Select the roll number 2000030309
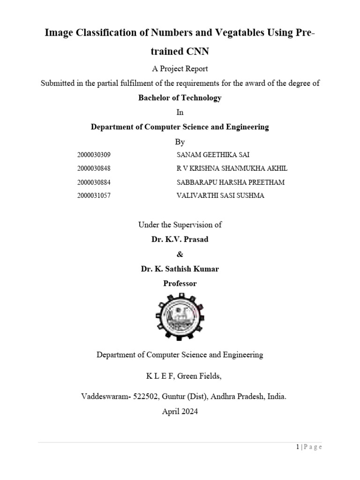pyautogui.click(x=94, y=155)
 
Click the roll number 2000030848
pyautogui.click(x=94, y=168)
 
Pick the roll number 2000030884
pyautogui.click(x=94, y=182)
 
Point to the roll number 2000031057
pyautogui.click(x=94, y=195)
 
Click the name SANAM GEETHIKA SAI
pyautogui.click(x=210, y=155)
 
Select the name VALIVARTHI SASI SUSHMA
pyautogui.click(x=220, y=195)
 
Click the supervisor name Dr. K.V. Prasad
pyautogui.click(x=180, y=239)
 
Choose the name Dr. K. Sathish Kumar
pyautogui.click(x=180, y=269)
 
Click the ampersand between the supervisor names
pyautogui.click(x=180, y=254)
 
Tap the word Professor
pyautogui.click(x=180, y=283)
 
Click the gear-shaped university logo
pyautogui.click(x=180, y=316)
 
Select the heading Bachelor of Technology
pyautogui.click(x=180, y=98)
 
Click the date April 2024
pyautogui.click(x=180, y=412)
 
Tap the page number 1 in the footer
pyautogui.click(x=298, y=447)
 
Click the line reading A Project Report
pyautogui.click(x=180, y=68)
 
